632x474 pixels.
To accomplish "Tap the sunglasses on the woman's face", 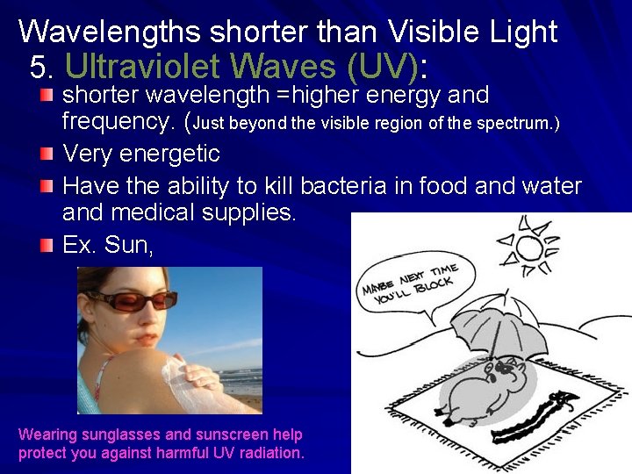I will pyautogui.click(x=132, y=300).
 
